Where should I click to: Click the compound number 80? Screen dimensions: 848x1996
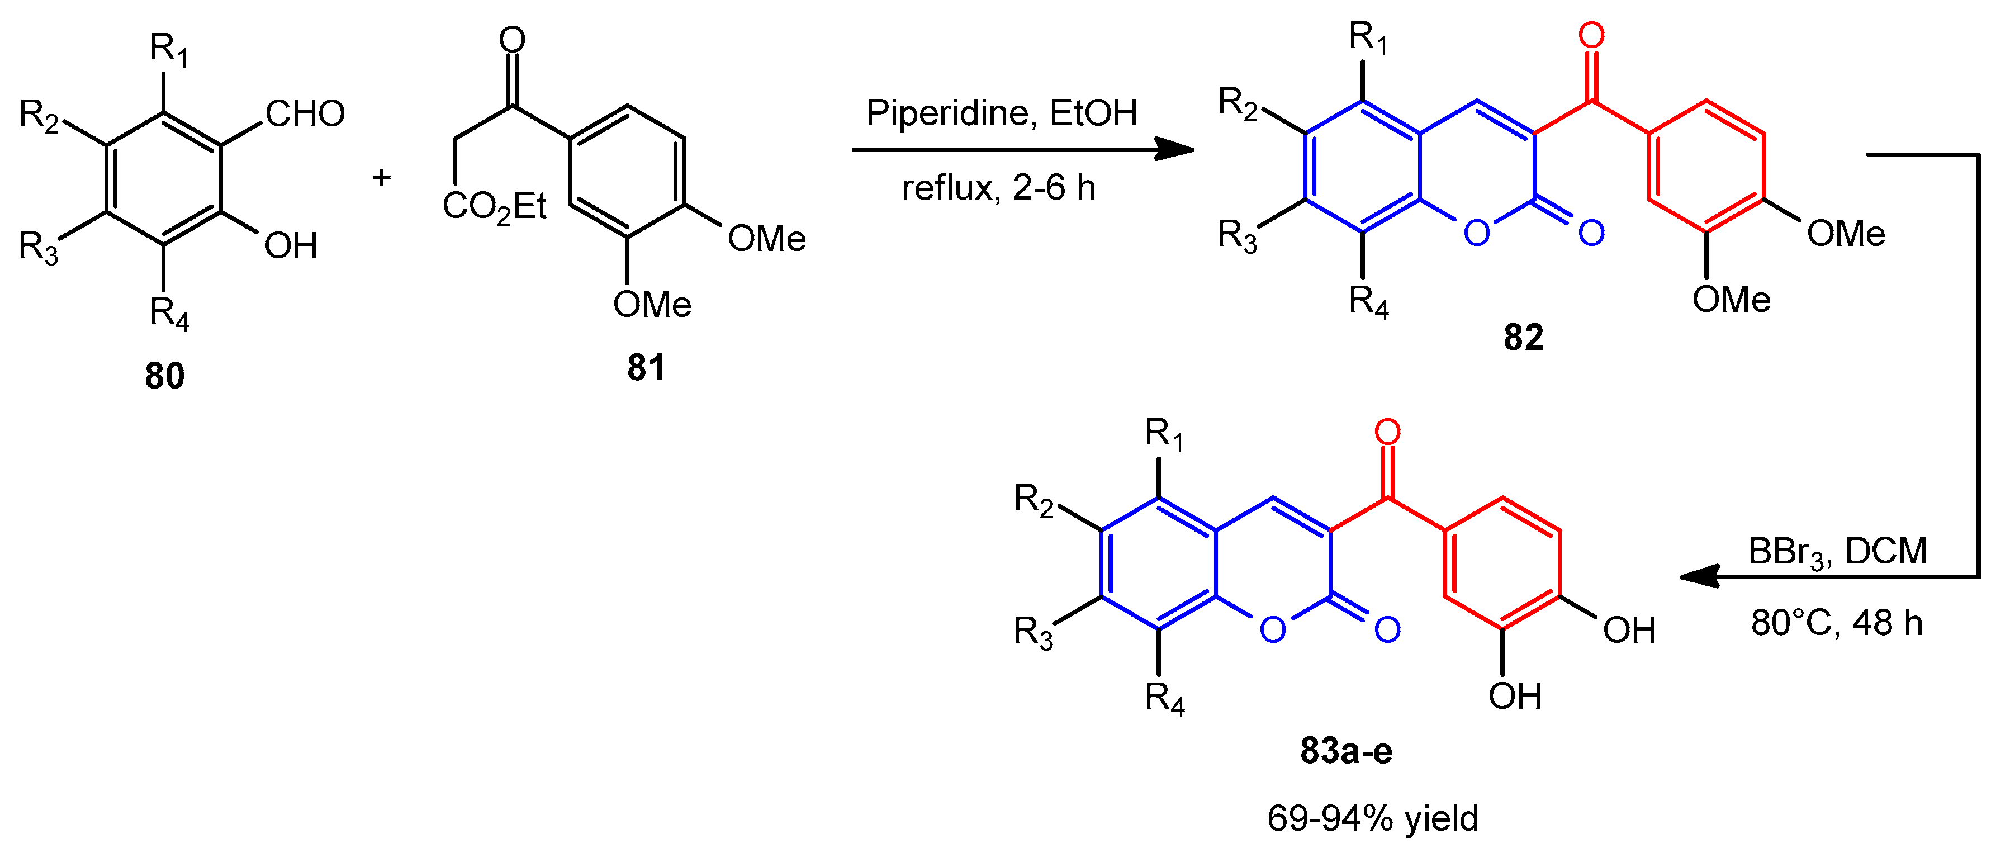(x=164, y=376)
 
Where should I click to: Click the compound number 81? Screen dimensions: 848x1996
(x=646, y=367)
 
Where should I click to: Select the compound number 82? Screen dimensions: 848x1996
(x=1523, y=337)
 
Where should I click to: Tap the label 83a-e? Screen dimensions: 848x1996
(x=1346, y=750)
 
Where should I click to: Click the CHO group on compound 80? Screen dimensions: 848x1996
(x=305, y=114)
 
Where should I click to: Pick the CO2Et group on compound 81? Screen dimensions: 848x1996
(x=494, y=207)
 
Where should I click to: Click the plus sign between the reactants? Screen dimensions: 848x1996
(x=381, y=178)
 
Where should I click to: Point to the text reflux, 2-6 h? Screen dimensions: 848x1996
(x=998, y=188)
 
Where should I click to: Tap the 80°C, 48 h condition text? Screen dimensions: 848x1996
(x=1836, y=622)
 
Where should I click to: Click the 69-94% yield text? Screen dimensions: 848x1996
(x=1372, y=818)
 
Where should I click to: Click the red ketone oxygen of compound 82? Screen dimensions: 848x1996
(x=1591, y=36)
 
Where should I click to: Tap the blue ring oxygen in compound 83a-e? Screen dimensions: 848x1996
(x=1272, y=629)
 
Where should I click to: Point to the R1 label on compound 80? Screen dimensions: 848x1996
(x=168, y=50)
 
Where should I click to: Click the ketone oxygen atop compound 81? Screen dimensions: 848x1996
(x=512, y=40)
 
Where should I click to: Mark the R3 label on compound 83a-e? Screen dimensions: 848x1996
(x=1033, y=632)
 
